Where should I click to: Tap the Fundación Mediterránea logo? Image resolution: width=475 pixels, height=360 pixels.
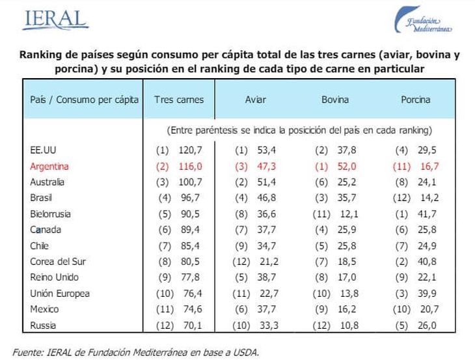pos(423,21)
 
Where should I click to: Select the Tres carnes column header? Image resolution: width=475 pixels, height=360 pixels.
pos(179,100)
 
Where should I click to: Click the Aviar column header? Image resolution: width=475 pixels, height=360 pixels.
pos(255,100)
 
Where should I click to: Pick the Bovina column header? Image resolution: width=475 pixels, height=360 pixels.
pos(335,100)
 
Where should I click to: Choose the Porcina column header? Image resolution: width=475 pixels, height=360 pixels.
pos(415,100)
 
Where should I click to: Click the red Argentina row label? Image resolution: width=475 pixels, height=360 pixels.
pos(49,166)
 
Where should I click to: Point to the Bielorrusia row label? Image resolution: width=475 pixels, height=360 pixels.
pos(50,214)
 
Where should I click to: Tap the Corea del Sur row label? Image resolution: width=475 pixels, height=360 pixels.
pos(58,262)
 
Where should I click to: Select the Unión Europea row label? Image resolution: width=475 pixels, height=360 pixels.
pos(60,294)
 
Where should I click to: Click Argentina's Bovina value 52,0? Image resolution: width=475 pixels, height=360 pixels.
pos(346,166)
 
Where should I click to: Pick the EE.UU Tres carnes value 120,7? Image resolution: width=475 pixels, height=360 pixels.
pos(191,150)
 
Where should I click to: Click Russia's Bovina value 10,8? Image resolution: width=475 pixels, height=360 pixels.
pos(346,325)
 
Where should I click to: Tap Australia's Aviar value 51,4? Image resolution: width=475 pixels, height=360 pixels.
pos(267,182)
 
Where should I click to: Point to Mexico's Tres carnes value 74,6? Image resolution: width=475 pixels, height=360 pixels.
pos(191,309)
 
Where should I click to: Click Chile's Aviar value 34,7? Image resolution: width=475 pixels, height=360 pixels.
pos(267,245)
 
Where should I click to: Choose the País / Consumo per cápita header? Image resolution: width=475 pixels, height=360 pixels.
pos(85,100)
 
